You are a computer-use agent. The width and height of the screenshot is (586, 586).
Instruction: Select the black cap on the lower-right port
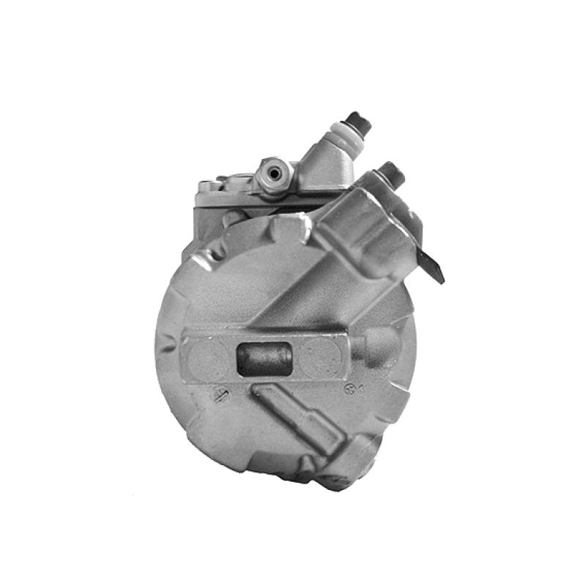tap(393, 173)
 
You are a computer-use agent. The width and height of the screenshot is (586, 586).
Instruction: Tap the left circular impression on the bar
tap(210, 358)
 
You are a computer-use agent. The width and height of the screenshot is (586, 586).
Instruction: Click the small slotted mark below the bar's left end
tap(218, 396)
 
